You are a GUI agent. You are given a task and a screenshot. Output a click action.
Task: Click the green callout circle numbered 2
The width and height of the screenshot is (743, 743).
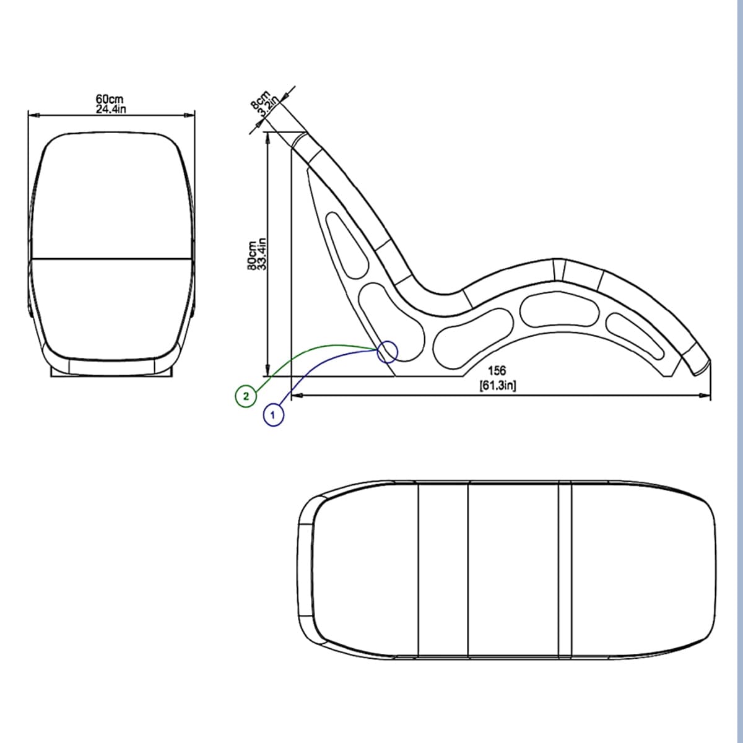point(246,396)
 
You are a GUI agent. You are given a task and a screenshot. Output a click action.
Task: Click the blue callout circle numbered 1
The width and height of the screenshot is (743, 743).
point(274,415)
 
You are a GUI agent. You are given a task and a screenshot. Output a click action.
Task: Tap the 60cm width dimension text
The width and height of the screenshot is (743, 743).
point(110,100)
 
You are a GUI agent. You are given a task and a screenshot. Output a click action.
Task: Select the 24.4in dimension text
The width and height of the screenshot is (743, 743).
point(111,109)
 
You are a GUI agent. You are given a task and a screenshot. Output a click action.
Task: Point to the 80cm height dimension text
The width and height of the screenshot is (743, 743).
point(252,256)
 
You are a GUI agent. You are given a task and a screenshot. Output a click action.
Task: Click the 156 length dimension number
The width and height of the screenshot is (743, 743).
point(497,371)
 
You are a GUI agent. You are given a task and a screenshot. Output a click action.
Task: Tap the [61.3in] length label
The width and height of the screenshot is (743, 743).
point(497,385)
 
